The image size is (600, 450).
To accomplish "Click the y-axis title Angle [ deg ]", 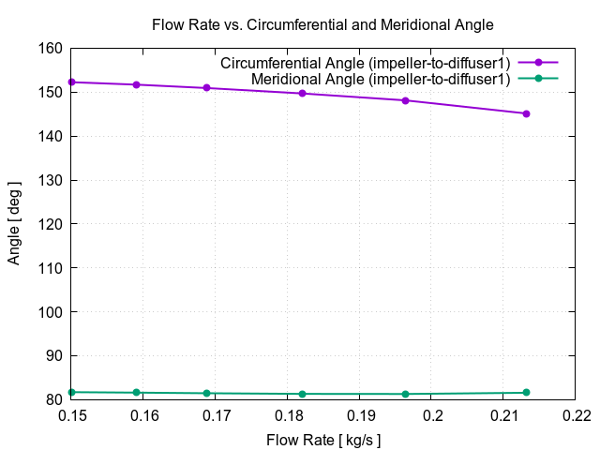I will [14, 224].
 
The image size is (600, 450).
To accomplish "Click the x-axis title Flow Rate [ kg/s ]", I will [323, 440].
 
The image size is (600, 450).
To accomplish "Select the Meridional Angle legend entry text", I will [381, 80].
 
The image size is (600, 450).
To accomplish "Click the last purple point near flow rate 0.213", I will [526, 113].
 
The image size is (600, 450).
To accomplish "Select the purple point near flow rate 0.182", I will [302, 93].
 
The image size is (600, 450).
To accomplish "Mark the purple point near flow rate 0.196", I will [405, 100].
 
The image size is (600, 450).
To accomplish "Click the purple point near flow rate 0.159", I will [136, 84].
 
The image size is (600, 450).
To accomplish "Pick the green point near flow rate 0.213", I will [526, 392].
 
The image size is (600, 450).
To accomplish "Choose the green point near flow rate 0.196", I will [405, 394].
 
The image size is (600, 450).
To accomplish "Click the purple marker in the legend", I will [538, 63].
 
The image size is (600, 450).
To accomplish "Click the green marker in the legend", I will [538, 80].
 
